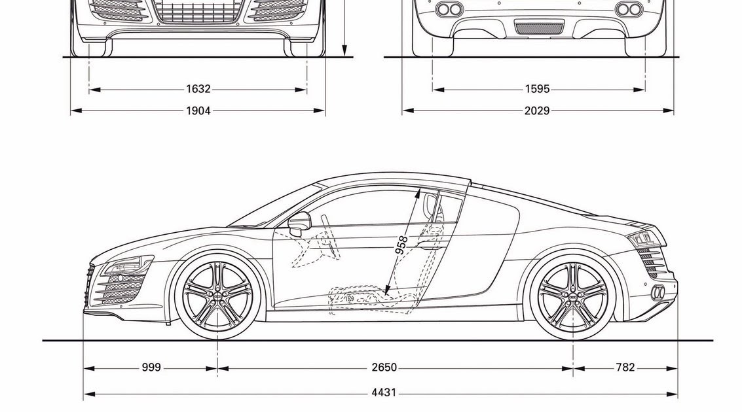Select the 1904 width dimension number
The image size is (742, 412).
(198, 111)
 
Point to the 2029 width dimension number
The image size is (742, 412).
(536, 111)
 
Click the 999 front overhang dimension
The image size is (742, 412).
(151, 368)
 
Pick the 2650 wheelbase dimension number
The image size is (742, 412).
(384, 368)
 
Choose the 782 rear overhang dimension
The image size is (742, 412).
(625, 368)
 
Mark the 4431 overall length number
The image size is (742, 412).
(384, 394)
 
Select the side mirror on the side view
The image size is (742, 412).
(299, 223)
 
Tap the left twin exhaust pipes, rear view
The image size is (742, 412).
(449, 9)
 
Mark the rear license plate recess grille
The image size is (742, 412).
(538, 28)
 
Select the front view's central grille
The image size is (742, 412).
(198, 11)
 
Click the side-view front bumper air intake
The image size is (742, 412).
(118, 288)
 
